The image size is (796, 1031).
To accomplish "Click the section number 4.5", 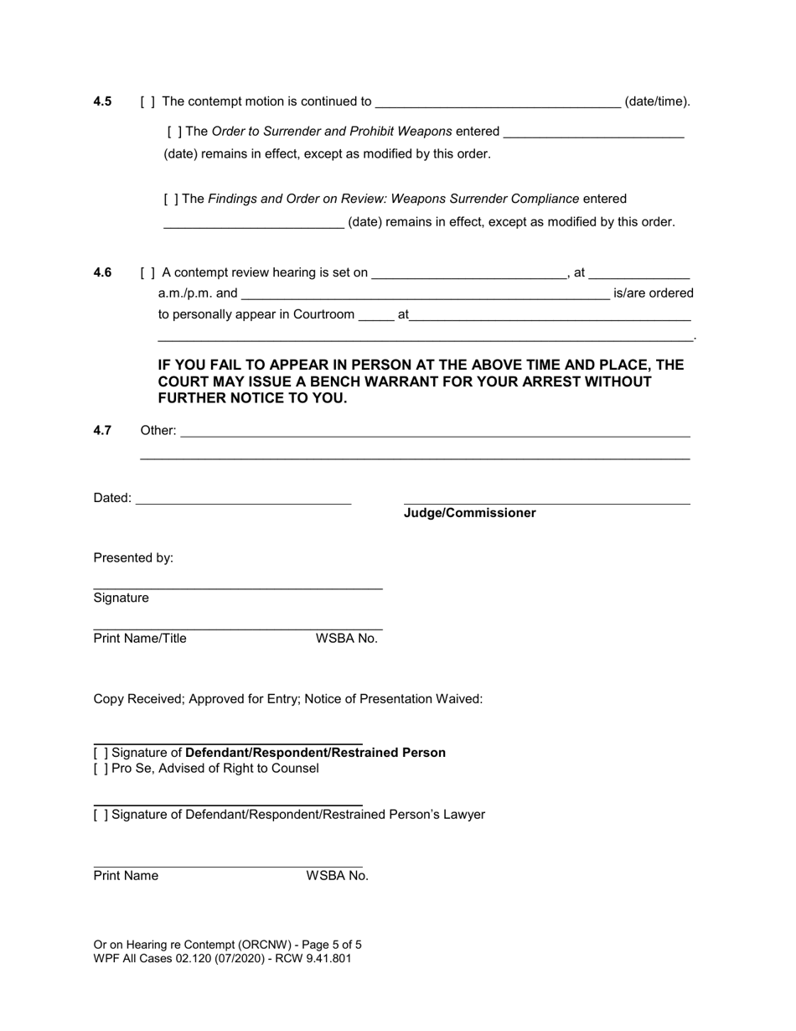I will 102,101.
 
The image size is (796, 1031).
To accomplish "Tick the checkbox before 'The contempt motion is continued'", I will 147,102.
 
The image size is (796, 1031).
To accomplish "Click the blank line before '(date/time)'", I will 498,103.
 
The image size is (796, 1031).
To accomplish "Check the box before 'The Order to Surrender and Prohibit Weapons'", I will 174,132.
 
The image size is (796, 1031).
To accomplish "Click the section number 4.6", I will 102,272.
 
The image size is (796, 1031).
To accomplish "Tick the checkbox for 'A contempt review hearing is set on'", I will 147,273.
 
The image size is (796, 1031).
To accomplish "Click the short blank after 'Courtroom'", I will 375,317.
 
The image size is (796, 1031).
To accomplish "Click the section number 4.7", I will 102,431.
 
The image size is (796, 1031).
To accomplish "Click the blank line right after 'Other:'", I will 435,432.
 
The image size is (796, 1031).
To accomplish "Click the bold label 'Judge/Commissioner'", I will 469,513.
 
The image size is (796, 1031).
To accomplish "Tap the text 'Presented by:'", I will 133,558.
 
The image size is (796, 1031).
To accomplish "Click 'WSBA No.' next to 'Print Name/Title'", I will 346,639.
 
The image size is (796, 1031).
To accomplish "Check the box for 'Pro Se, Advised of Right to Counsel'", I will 101,769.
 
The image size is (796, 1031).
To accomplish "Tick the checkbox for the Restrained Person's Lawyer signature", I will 101,815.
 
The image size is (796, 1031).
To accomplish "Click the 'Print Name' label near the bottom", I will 126,876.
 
